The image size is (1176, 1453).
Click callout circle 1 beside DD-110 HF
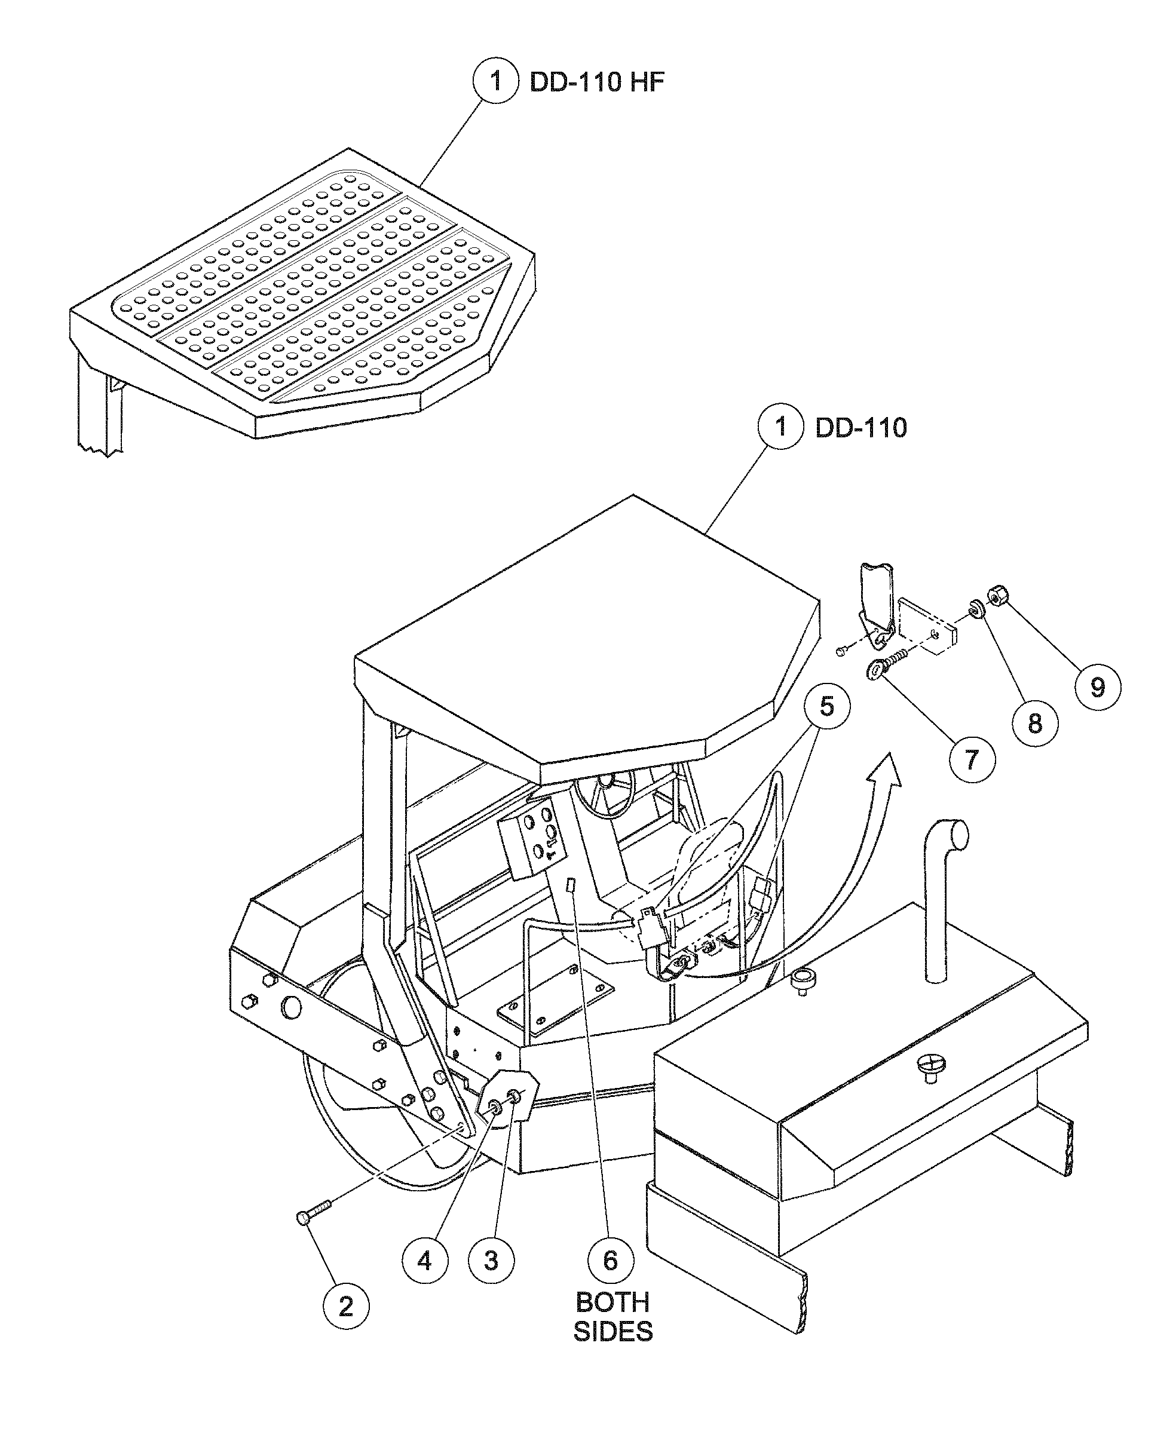pos(496,81)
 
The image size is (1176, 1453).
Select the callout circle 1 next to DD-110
pos(781,427)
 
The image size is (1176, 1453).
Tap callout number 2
pos(346,1306)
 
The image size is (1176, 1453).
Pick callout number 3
pos(491,1260)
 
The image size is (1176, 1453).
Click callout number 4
pos(425,1260)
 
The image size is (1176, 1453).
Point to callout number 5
pos(826,707)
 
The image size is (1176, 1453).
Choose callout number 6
pos(610,1260)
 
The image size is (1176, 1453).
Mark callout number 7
pos(972,759)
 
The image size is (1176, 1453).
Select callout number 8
pos(1035,724)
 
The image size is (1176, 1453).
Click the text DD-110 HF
pos(597,82)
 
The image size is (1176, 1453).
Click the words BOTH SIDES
pos(612,1317)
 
